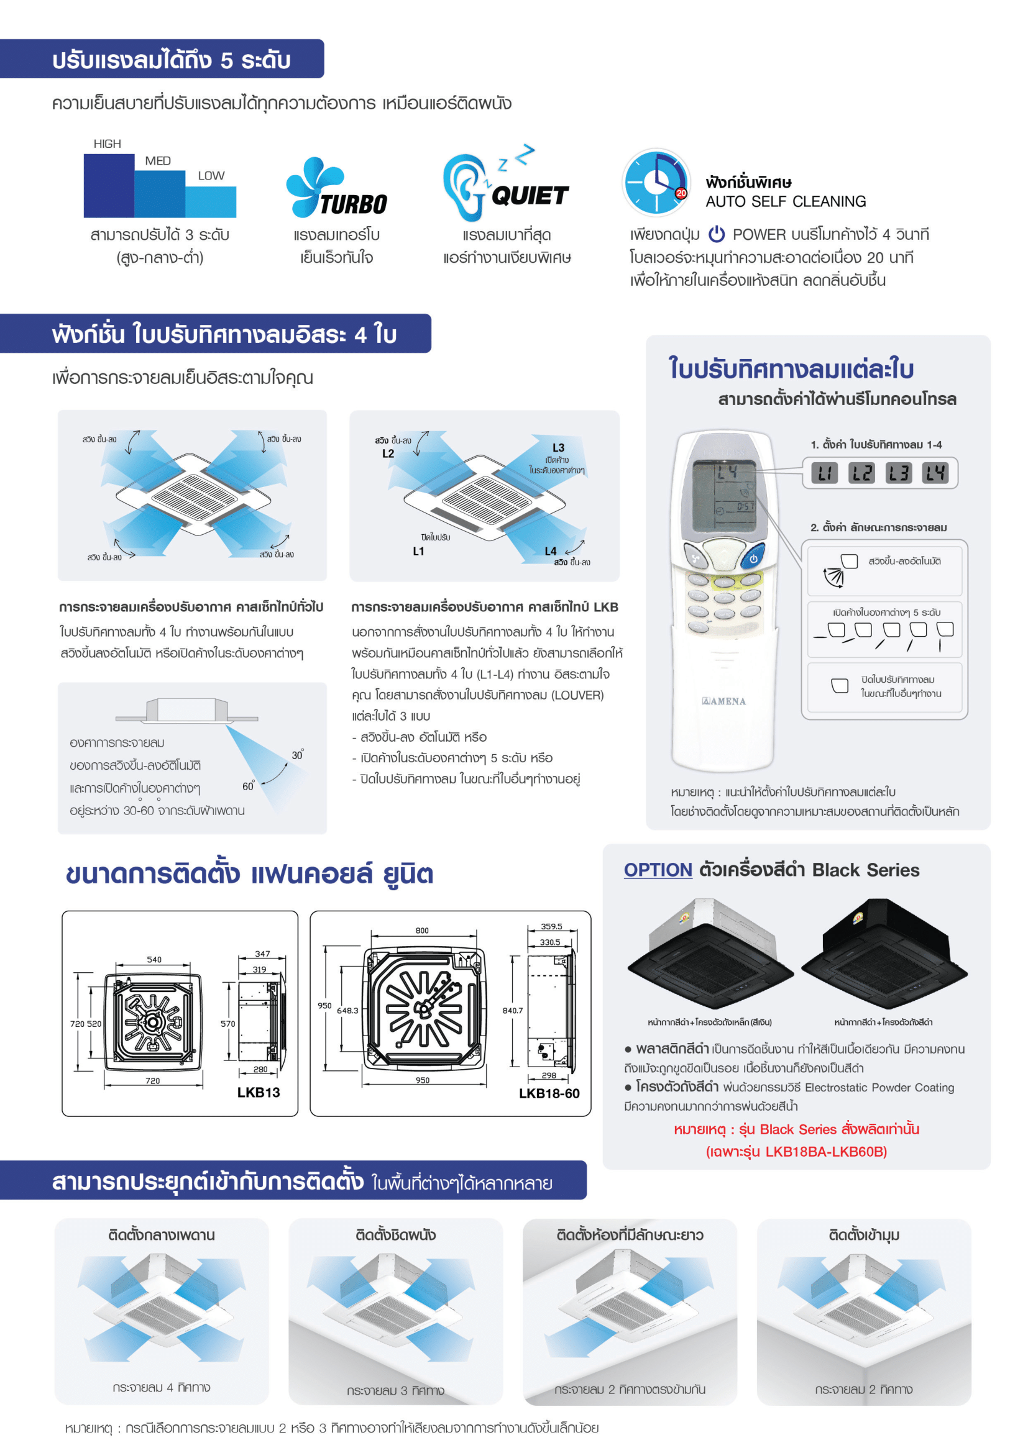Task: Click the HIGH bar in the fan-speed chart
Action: point(108,185)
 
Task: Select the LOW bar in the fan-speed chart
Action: point(211,201)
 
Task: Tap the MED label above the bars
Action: point(158,161)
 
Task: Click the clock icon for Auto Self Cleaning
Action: point(656,183)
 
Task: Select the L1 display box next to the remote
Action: point(824,473)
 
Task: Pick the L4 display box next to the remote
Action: point(935,473)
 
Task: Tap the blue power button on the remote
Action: point(753,558)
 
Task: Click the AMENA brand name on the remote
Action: point(724,701)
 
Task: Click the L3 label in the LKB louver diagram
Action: point(558,447)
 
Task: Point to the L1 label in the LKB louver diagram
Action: point(418,551)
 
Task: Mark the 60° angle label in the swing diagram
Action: point(248,786)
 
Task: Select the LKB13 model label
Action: point(259,1092)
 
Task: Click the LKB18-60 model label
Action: point(549,1093)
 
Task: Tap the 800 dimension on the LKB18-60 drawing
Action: point(421,931)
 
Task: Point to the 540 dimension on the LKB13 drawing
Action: point(154,959)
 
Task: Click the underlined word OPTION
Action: point(658,870)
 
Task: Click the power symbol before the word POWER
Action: point(716,234)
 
